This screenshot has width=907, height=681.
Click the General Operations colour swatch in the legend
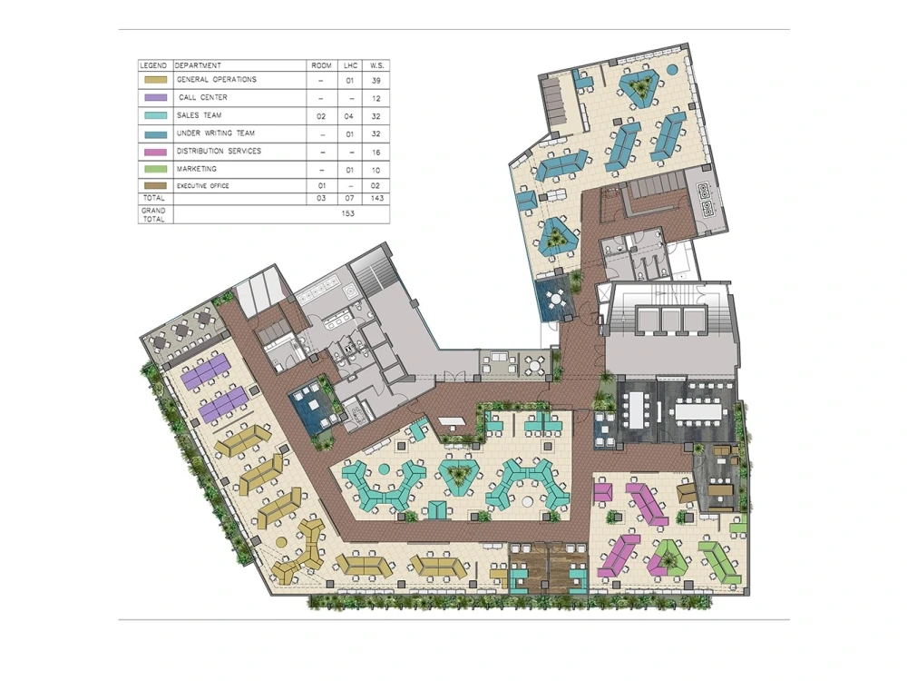(155, 81)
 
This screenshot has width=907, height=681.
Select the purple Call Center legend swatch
(155, 98)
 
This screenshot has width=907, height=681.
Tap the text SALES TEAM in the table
(200, 116)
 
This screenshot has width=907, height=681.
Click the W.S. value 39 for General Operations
(375, 81)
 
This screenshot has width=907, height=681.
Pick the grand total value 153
(348, 214)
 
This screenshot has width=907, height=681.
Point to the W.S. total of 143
(375, 196)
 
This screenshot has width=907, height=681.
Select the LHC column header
(350, 66)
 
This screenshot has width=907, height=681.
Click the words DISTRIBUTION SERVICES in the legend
(219, 151)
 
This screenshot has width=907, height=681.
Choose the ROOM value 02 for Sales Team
(320, 116)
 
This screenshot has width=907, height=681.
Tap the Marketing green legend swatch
(155, 169)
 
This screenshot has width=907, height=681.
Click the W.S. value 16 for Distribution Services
(375, 152)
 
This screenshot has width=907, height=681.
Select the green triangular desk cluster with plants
(671, 559)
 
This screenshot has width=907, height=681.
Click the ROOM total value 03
(320, 196)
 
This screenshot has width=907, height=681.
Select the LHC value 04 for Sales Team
(350, 116)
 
